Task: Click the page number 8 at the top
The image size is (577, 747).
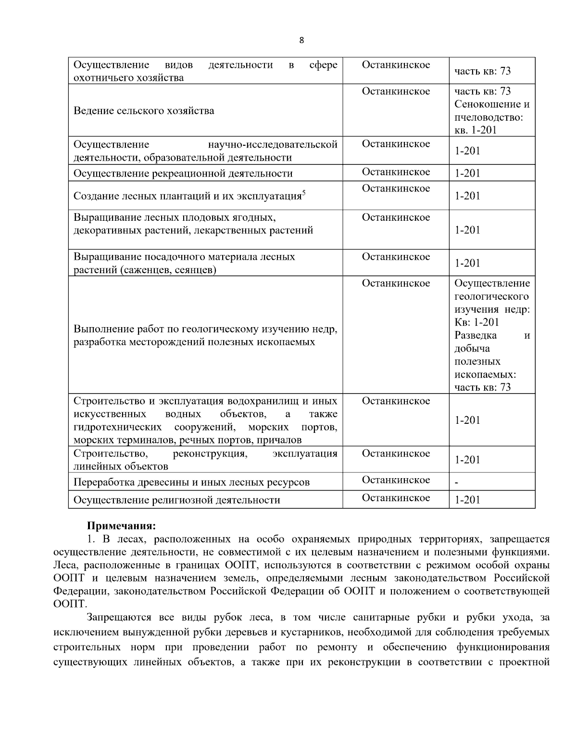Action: pos(301,40)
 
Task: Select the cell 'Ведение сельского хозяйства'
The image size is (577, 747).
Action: pos(144,111)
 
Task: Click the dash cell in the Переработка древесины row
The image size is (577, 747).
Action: pos(457,482)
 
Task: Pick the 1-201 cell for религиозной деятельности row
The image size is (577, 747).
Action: pos(467,500)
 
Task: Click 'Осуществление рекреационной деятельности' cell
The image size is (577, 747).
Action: pos(183,173)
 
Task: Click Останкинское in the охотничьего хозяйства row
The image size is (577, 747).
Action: pos(396,65)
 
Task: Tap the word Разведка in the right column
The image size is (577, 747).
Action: pos(476,335)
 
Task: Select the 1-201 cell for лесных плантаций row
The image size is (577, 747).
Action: pos(467,196)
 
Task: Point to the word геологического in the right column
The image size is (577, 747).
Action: pos(491,296)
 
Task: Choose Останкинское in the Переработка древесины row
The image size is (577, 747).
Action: pos(396,480)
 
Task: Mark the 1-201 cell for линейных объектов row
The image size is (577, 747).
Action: pos(467,460)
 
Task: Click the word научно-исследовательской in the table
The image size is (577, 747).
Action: pos(273,144)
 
